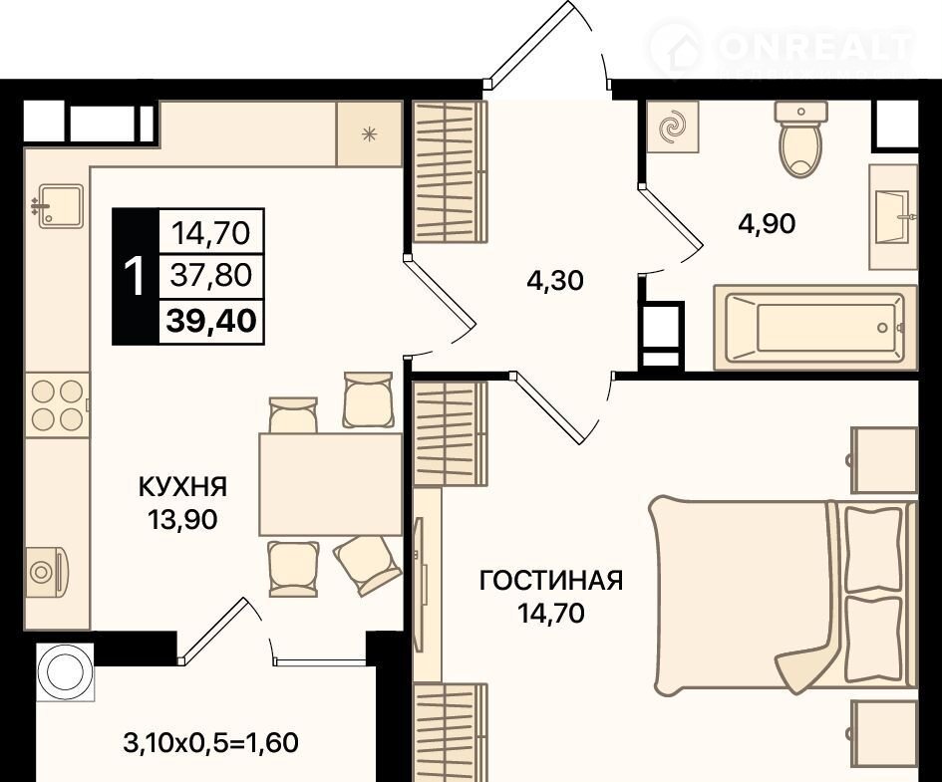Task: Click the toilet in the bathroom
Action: point(800,138)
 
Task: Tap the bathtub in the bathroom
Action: point(815,328)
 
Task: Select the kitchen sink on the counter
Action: point(60,206)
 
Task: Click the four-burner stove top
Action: point(57,405)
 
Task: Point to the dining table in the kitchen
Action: point(330,484)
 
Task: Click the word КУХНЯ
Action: point(182,487)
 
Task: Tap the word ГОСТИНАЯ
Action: point(551,581)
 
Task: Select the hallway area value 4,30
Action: point(554,281)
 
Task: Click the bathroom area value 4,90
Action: point(767,224)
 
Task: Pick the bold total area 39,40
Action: point(211,321)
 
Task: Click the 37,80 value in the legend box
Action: point(211,276)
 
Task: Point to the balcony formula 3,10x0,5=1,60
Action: point(211,743)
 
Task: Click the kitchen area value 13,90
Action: point(182,519)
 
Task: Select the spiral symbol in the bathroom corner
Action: point(673,127)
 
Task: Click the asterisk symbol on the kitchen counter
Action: point(369,134)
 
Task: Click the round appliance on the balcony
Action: point(66,671)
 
